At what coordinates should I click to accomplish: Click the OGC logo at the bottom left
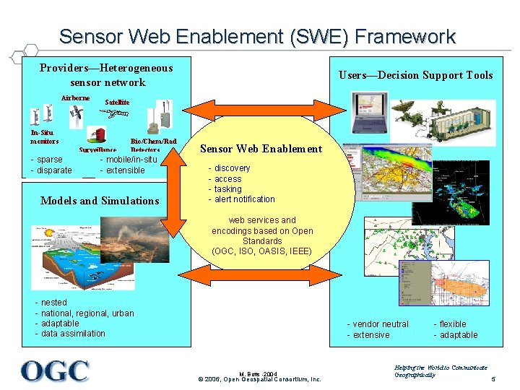pos(55,371)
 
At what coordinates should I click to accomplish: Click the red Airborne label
pos(75,97)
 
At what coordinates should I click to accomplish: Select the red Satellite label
pos(117,103)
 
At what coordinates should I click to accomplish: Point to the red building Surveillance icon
pos(96,135)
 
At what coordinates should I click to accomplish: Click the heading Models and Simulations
pos(100,201)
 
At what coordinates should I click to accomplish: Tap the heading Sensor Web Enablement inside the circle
pos(261,149)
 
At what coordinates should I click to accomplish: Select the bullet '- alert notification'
pos(242,199)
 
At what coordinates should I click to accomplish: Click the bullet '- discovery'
pos(230,168)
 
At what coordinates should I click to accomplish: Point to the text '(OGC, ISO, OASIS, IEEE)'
pos(262,251)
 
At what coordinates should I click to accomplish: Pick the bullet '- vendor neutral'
pos(378,324)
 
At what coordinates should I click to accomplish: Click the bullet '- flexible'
pos(450,324)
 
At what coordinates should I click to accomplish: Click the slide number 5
pos(493,379)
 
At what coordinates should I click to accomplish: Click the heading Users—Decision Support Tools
pos(415,75)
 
